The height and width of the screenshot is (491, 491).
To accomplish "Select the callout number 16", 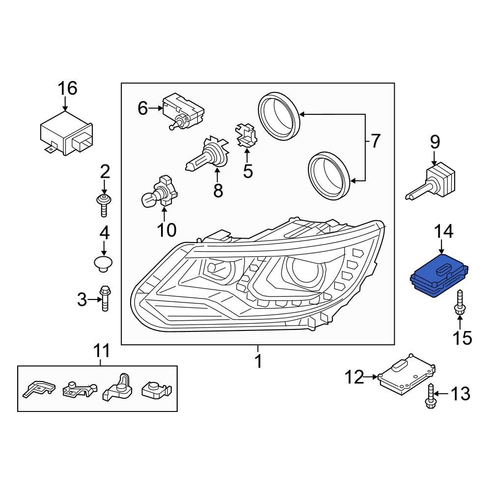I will (67, 88).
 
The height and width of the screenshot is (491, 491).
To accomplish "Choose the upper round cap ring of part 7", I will (278, 117).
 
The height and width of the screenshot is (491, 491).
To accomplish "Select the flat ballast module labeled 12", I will (407, 376).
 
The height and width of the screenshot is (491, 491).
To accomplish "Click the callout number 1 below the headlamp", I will (258, 362).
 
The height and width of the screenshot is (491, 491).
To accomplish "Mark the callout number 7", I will (374, 141).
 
